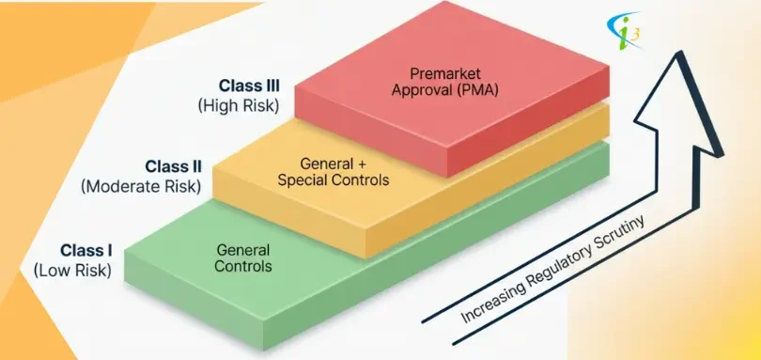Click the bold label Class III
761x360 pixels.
point(247,86)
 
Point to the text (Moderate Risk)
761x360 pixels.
point(142,186)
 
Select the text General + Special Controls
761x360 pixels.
point(334,170)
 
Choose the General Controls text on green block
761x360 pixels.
point(243,258)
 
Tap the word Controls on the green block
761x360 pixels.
point(243,266)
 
